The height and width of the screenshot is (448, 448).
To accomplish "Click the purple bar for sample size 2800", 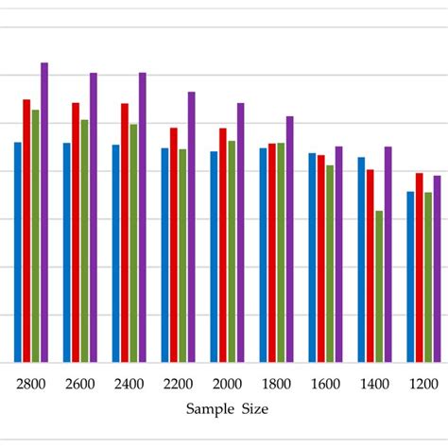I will coord(44,213).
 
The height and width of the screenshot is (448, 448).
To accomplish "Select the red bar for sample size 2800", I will coord(26,231).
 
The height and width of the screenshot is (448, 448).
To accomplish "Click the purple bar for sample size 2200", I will coord(192,227).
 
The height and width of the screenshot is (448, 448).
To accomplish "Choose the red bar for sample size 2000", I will coord(223,245).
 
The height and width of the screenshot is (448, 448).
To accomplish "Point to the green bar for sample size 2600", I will coord(84,240).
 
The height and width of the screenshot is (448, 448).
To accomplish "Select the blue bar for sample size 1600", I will coord(312,257).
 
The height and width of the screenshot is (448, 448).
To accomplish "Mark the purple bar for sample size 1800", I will coord(290,239).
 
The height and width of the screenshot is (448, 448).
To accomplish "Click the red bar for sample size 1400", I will coord(370,266).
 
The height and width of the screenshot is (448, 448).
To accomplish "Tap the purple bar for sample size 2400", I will coord(143,217).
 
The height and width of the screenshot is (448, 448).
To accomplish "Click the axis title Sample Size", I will coord(227,409).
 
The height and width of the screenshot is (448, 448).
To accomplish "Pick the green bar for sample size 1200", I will coord(428,277).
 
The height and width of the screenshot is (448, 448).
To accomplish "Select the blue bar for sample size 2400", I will coord(115,253).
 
